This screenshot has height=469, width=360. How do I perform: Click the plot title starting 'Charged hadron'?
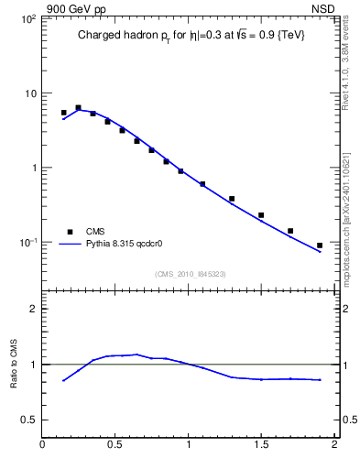(190, 35)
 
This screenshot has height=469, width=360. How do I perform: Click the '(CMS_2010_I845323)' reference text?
(189, 273)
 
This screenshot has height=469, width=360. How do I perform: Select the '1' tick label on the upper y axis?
(33, 169)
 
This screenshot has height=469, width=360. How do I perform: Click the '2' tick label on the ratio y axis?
(33, 309)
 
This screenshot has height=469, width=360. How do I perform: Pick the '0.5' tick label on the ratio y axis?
(28, 420)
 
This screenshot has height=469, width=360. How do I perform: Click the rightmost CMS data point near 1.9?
(320, 245)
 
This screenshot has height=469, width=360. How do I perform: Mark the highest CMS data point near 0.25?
(79, 107)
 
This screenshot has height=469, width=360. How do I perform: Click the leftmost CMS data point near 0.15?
(64, 113)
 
